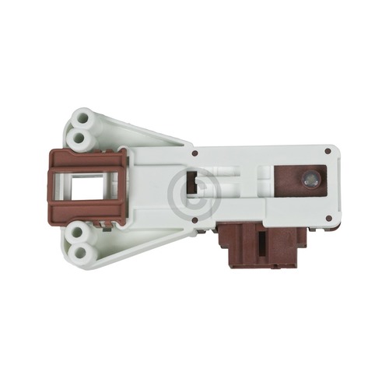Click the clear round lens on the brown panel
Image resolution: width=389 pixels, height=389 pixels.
click(311, 179)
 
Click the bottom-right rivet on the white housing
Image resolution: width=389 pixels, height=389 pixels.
click(328, 219)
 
